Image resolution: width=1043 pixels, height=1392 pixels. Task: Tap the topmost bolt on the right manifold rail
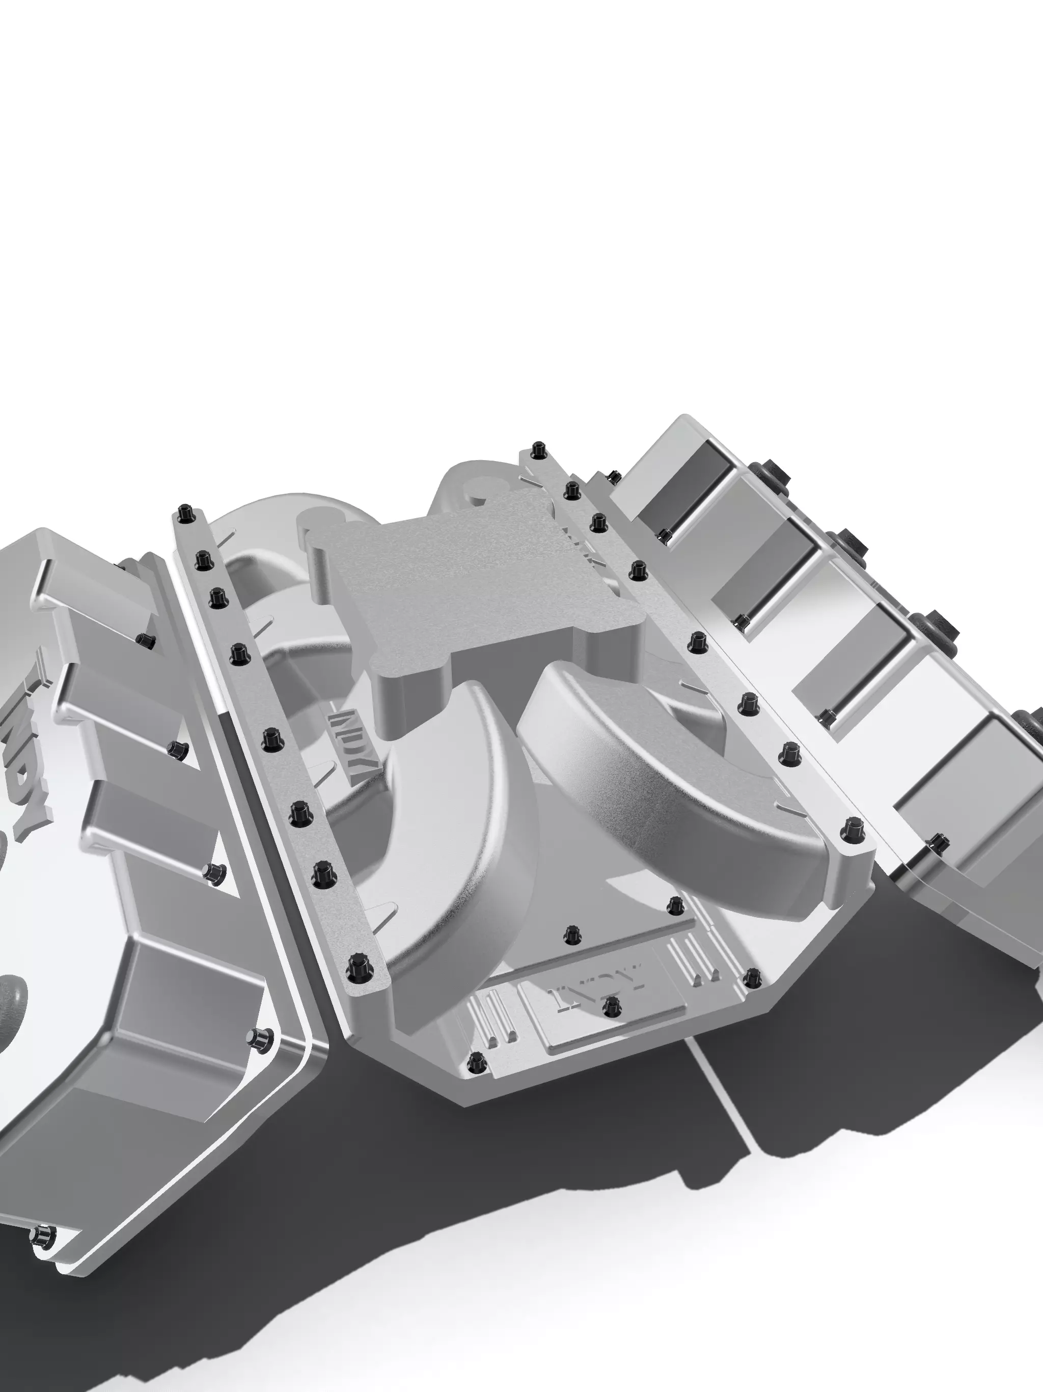point(537,450)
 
